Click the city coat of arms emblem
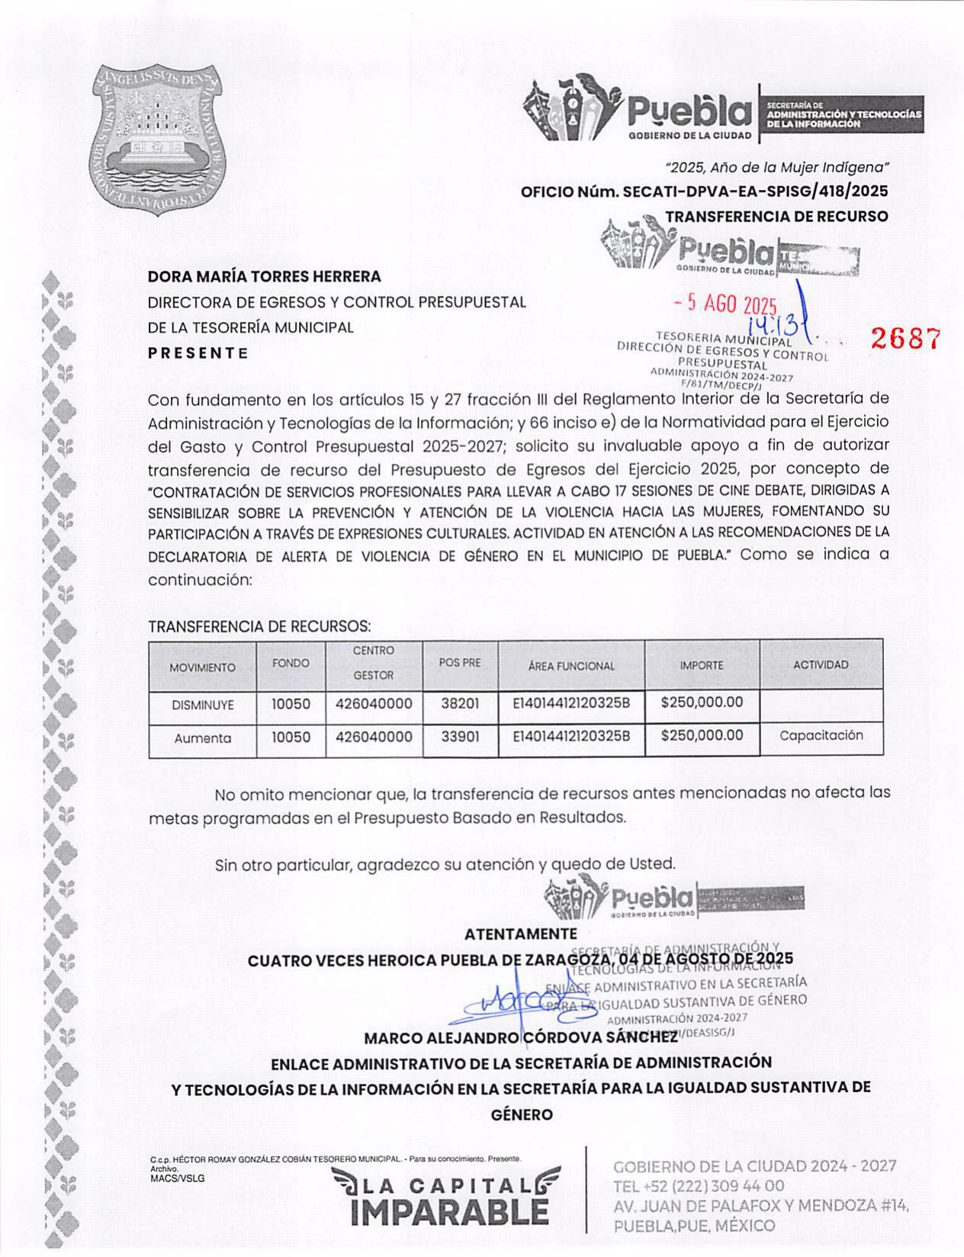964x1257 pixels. click(155, 139)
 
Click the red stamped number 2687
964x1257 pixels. click(905, 339)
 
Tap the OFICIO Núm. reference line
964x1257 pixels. click(704, 191)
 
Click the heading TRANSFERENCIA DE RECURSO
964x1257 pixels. click(776, 217)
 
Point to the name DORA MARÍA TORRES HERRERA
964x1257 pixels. click(264, 276)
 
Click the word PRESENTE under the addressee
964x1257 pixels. click(198, 353)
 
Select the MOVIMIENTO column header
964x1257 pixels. click(202, 667)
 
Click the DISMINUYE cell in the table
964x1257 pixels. click(202, 706)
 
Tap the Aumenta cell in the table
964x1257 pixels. click(202, 738)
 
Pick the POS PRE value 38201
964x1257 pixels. click(460, 704)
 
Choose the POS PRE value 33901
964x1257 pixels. click(460, 738)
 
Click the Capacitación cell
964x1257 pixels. click(821, 736)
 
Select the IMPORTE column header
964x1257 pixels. click(702, 666)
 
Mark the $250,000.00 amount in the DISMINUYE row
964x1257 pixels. click(702, 702)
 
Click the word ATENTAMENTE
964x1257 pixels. click(521, 934)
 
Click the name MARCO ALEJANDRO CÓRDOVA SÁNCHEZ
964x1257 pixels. click(520, 1038)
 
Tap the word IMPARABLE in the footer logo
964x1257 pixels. click(449, 1212)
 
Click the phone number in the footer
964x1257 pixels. click(698, 1186)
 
